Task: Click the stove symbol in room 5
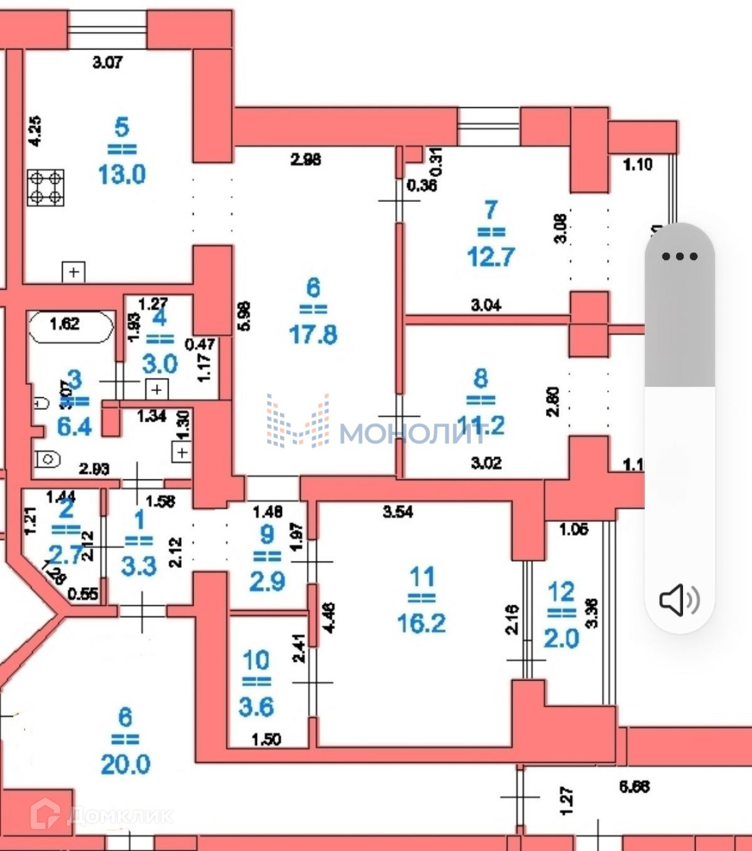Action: coord(46,187)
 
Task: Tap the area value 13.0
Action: coord(122,174)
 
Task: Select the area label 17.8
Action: coord(313,334)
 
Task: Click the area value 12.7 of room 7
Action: coord(491,256)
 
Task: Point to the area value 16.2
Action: coord(421,623)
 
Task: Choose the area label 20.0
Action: coord(125,764)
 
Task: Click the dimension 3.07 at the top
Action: coord(107,62)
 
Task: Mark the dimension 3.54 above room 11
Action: coord(398,511)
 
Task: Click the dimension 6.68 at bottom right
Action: coord(634,786)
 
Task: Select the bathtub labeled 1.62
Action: coord(70,325)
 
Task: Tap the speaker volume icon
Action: coord(679,600)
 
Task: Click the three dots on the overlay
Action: coord(679,256)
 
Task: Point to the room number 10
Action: coord(256,660)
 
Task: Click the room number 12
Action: coord(561,592)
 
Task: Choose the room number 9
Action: coord(267,534)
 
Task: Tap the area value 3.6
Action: coord(256,707)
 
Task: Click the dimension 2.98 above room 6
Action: coord(306,159)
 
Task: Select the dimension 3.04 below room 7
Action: coord(486,305)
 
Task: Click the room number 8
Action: coord(481,378)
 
